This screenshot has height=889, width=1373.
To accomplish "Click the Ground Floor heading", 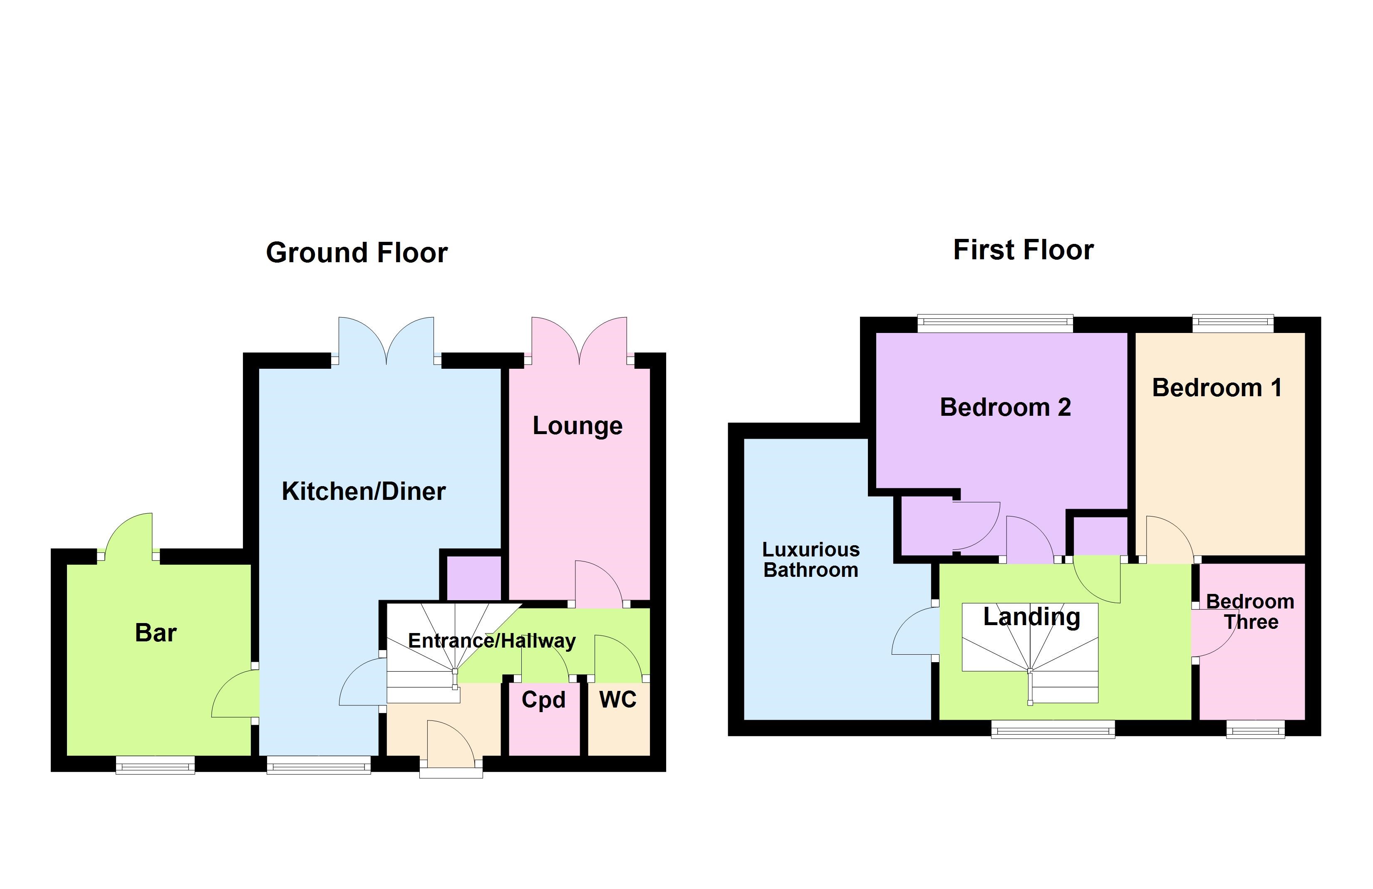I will click(357, 253).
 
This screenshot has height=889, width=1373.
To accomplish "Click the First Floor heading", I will click(1023, 250).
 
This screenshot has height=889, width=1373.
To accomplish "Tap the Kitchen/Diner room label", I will click(364, 492).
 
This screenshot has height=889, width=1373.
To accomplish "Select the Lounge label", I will click(577, 426).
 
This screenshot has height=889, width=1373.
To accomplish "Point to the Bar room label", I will click(155, 633).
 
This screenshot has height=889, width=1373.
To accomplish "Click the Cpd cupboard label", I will click(543, 700).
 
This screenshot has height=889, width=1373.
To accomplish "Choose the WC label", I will click(618, 700).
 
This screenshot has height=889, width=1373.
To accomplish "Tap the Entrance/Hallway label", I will click(491, 641).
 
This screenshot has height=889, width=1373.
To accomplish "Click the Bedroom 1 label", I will click(1217, 387).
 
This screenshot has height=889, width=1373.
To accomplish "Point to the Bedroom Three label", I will click(1250, 611).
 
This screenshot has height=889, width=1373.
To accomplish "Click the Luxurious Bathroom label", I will click(810, 560).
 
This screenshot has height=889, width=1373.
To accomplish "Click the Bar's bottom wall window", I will click(155, 765).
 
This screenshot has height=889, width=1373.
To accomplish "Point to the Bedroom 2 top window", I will click(995, 323).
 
